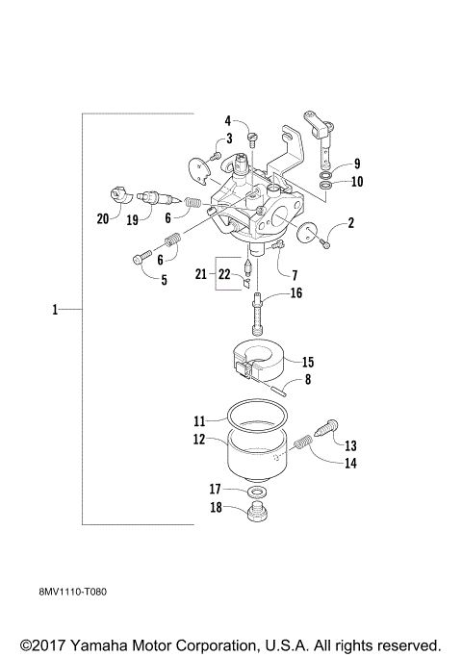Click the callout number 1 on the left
point(55,310)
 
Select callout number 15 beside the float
point(308,363)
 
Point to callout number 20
point(102,219)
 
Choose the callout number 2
point(350,223)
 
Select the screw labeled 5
point(143,258)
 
